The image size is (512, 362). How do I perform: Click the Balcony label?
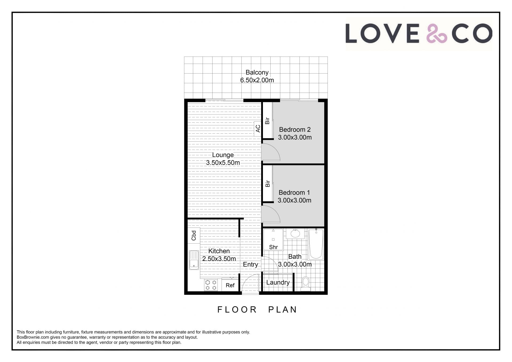257,72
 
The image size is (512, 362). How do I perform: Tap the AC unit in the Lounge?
258,129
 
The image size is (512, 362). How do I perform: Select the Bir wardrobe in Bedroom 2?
267,121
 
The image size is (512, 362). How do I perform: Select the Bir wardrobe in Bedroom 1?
267,184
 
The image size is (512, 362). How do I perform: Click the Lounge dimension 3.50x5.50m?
223,163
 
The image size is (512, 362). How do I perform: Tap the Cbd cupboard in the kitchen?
194,235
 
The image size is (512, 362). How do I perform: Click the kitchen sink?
194,260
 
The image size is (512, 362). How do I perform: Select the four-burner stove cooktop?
211,285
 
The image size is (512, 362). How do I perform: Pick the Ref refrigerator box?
230,285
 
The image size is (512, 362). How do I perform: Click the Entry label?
250,264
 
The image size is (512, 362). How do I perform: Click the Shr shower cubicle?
273,240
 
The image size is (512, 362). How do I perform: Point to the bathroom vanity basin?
295,233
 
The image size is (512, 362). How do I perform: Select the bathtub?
316,244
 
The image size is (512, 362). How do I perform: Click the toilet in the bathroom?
306,284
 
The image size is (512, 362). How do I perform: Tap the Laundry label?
278,282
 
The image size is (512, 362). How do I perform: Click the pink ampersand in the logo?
436,33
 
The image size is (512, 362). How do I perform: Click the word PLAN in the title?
282,309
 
